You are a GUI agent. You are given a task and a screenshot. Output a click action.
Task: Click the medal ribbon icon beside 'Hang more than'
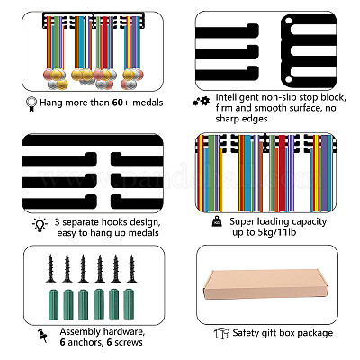tap(31, 103)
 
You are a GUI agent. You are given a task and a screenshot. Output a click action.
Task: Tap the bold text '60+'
tap(121, 103)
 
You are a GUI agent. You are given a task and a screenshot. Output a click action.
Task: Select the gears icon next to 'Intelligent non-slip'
tap(202, 102)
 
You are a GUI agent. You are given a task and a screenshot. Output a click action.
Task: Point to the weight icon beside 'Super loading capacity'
tap(217, 222)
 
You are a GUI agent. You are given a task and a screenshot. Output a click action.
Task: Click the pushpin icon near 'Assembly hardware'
tap(42, 336)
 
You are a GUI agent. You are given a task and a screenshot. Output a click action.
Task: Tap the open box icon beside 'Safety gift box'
tap(221, 333)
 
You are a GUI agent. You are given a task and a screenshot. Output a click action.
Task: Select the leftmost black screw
tap(50, 268)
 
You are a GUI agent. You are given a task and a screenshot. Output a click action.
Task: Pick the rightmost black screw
tap(131, 268)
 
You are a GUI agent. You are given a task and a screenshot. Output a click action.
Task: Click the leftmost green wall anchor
tap(53, 304)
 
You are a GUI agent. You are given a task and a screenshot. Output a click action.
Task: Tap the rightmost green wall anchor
tap(129, 304)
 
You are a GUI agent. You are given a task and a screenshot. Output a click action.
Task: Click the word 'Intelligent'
tap(238, 98)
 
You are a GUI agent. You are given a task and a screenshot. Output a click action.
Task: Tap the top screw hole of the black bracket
tap(289, 22)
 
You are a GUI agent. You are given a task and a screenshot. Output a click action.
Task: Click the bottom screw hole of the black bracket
tap(289, 79)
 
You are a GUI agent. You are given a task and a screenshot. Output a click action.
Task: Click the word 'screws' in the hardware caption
tap(129, 342)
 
